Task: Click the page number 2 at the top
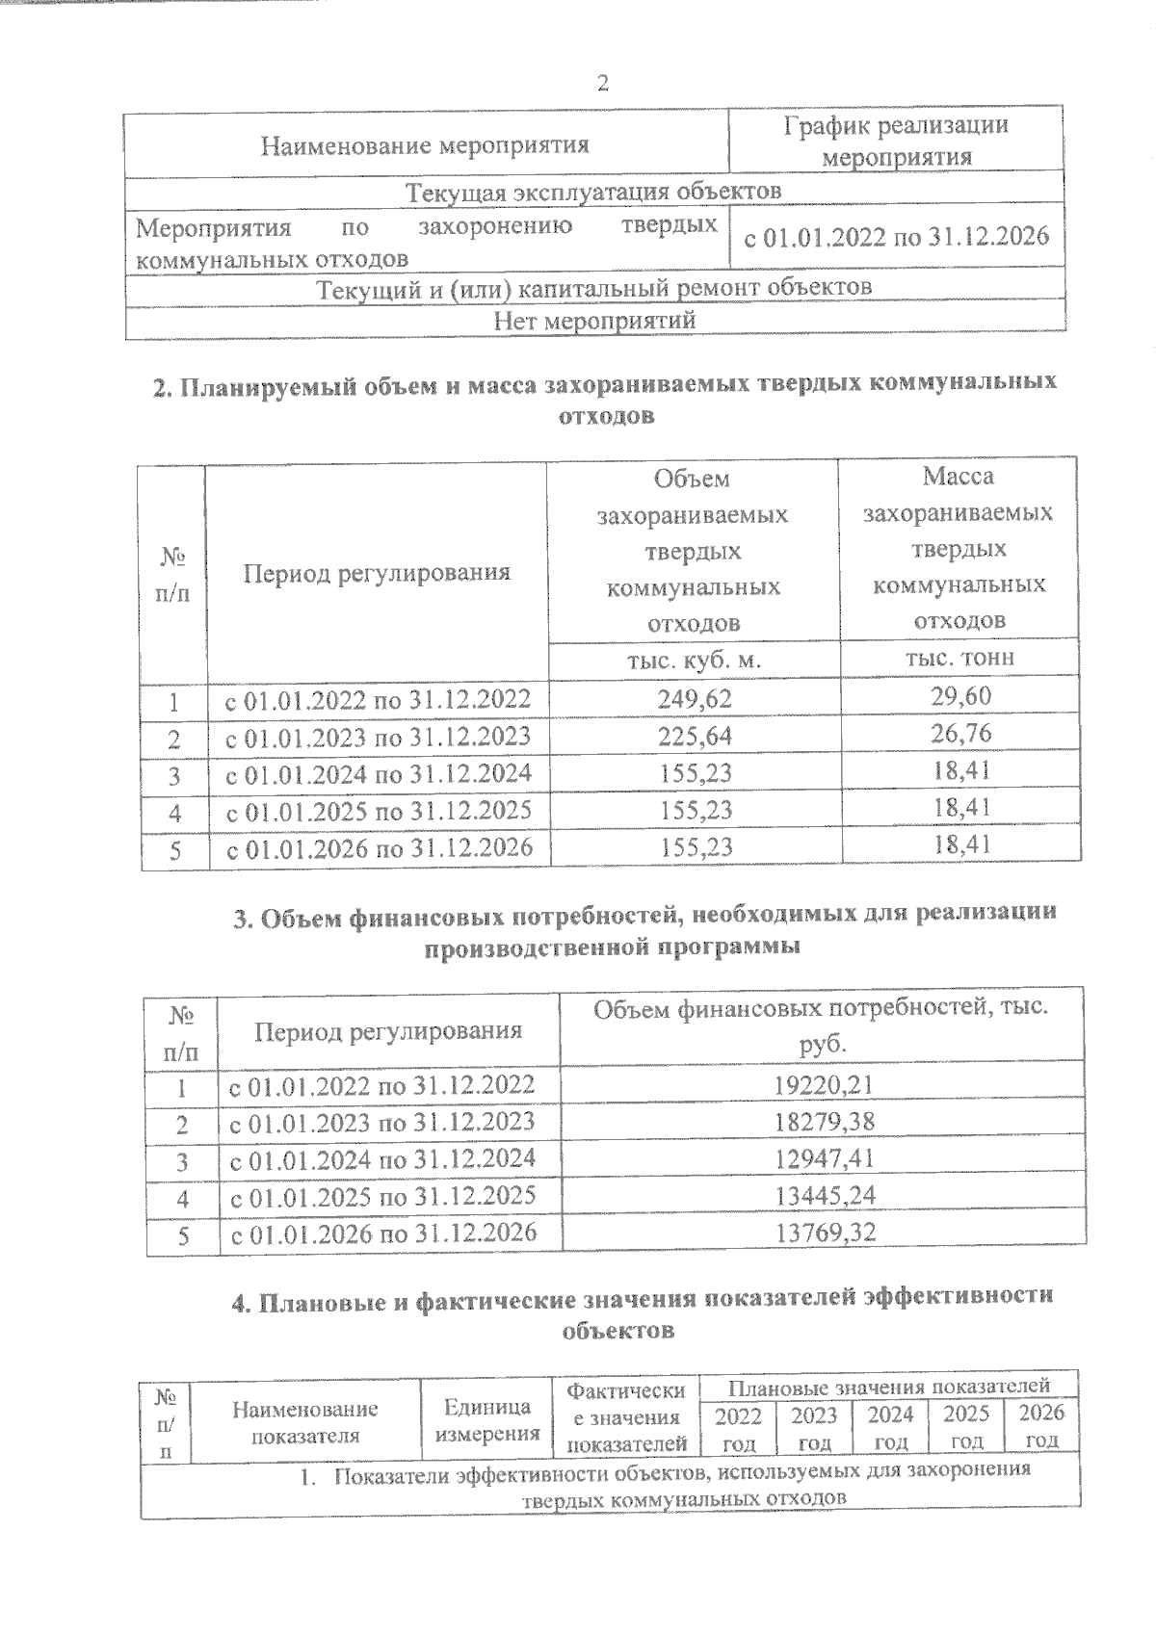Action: click(x=603, y=84)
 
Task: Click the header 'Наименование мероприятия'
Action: click(x=425, y=145)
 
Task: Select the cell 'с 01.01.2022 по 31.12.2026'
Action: click(x=896, y=237)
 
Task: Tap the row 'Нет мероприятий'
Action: click(x=594, y=320)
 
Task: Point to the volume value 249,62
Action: click(x=695, y=698)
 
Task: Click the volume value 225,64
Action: click(x=695, y=737)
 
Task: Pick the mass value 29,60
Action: click(x=960, y=696)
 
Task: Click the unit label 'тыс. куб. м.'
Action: click(x=695, y=660)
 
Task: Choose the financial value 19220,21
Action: click(x=824, y=1086)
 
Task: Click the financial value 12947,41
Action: click(x=824, y=1159)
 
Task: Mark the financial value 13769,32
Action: click(x=824, y=1233)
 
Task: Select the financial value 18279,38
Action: click(x=824, y=1123)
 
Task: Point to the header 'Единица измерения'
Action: click(x=486, y=1420)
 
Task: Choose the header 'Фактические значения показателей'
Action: click(x=626, y=1417)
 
